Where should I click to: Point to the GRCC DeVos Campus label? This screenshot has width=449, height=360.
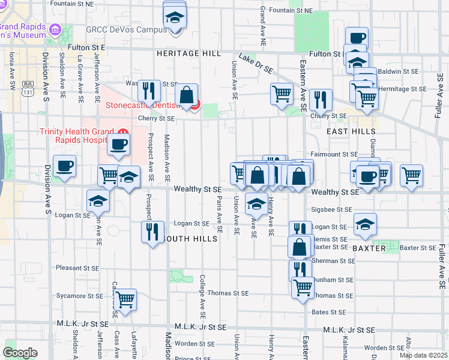126,29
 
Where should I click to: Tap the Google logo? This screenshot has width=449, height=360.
20,353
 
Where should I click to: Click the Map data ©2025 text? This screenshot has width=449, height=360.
423,355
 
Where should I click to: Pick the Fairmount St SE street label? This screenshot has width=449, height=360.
334,154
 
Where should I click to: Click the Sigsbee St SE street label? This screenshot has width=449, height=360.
331,210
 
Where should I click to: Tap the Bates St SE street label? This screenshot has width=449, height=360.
328,312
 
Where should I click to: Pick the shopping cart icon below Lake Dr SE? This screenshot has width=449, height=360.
282,93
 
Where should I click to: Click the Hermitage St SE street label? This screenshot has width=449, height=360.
402,88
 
